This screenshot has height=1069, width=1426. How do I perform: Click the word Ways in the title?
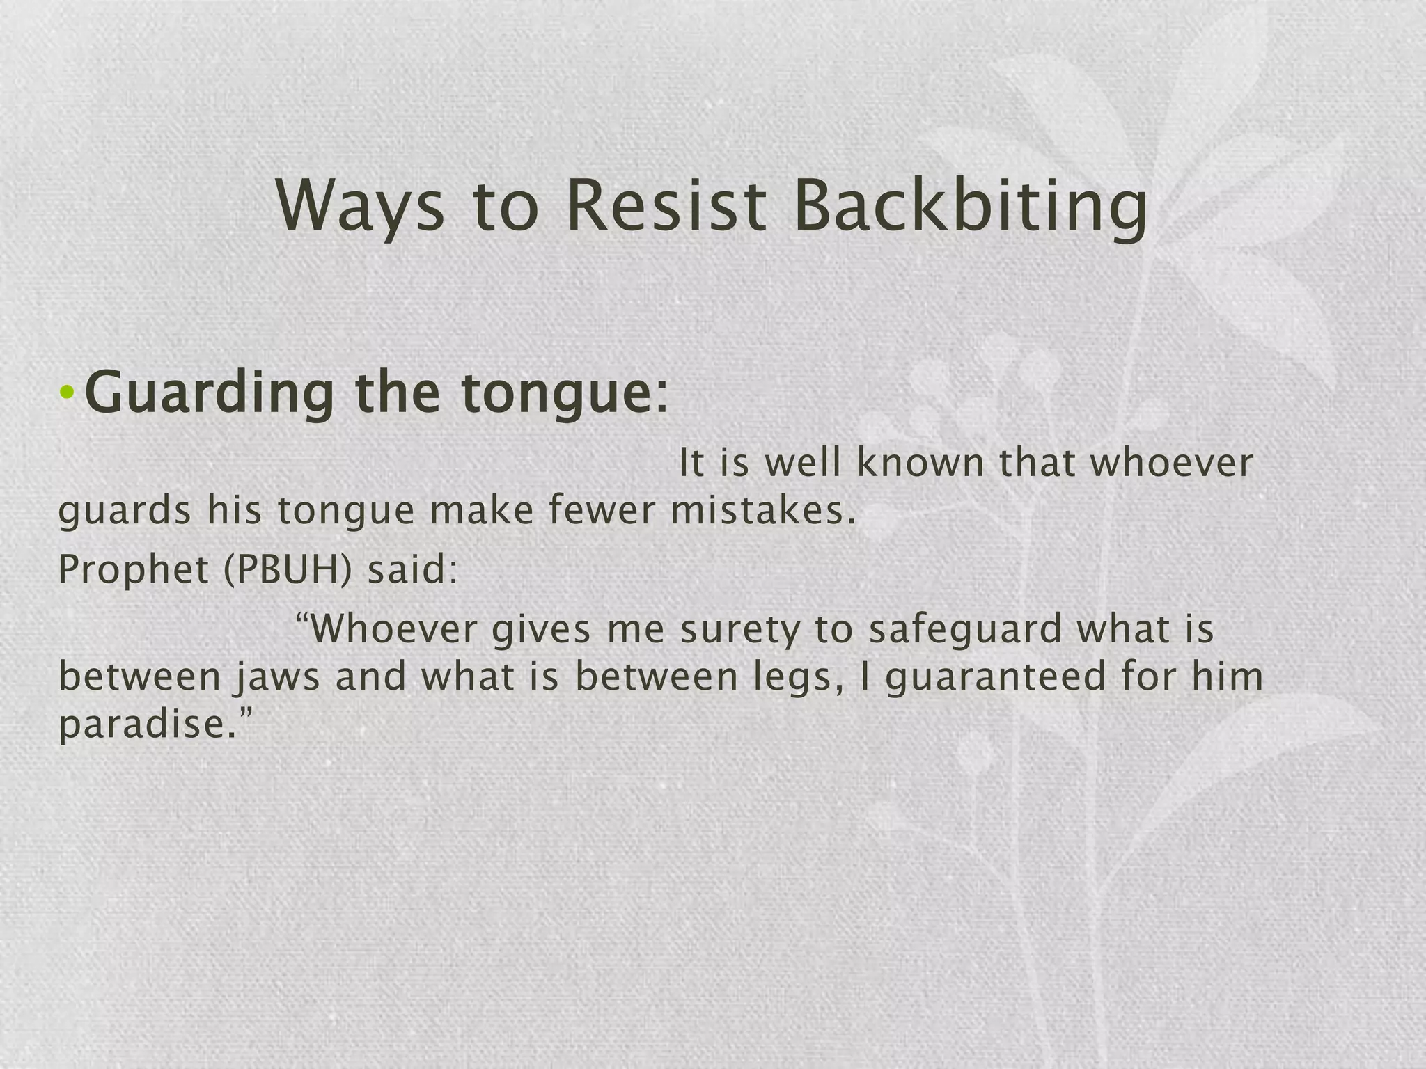359,207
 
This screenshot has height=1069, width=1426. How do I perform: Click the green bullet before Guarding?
67,394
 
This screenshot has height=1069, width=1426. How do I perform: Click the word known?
920,463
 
